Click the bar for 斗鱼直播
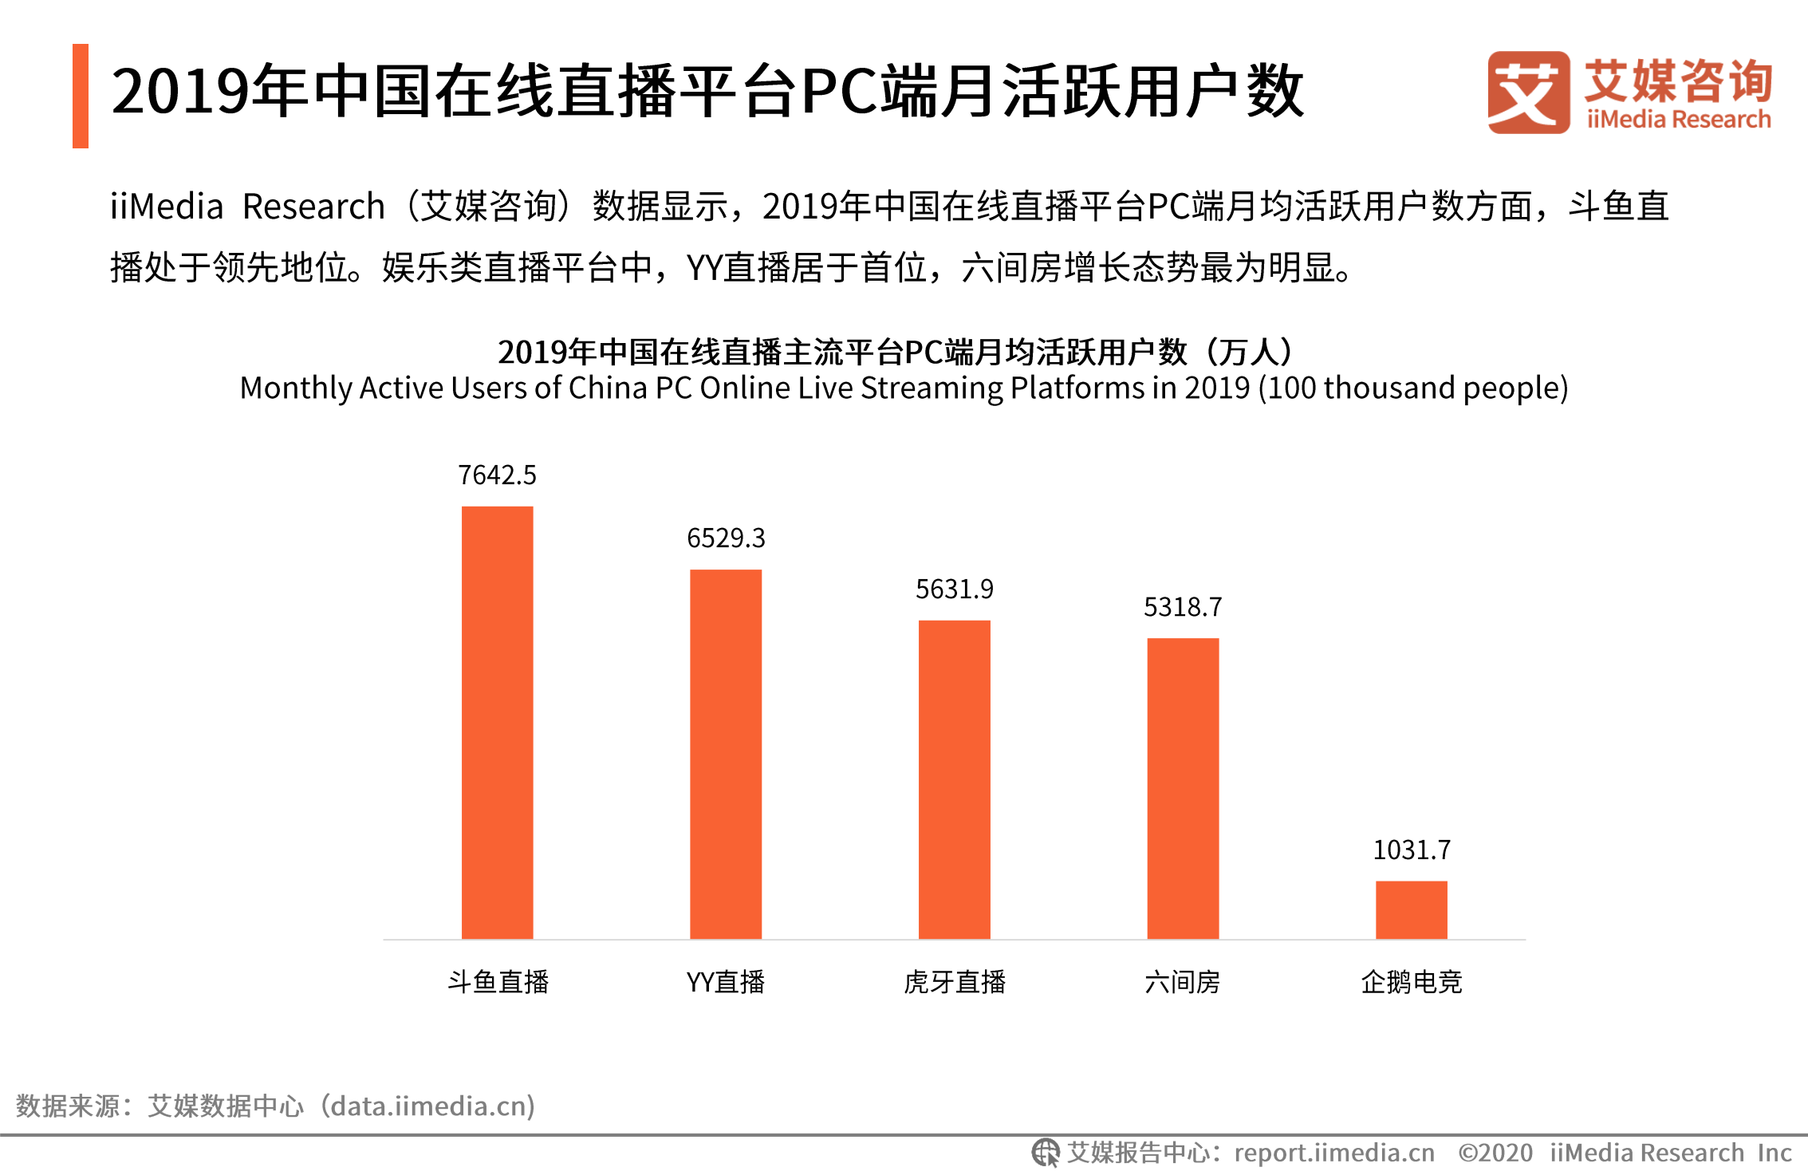(497, 722)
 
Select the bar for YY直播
(726, 754)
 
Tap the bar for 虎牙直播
(954, 779)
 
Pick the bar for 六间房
(1183, 788)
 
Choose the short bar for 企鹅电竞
(1411, 909)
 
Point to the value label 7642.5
(497, 475)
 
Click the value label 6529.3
(726, 538)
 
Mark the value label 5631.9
(954, 589)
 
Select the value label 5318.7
(1183, 608)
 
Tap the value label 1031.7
(1411, 850)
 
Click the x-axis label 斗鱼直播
(498, 982)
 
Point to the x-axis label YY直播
(726, 982)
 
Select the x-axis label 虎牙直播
(954, 982)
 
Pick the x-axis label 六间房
(1183, 982)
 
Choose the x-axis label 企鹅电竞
(1411, 982)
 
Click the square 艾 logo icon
(1528, 93)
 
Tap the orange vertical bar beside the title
(81, 96)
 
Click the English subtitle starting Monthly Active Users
(904, 388)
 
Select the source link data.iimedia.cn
(431, 1106)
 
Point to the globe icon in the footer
(1045, 1153)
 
